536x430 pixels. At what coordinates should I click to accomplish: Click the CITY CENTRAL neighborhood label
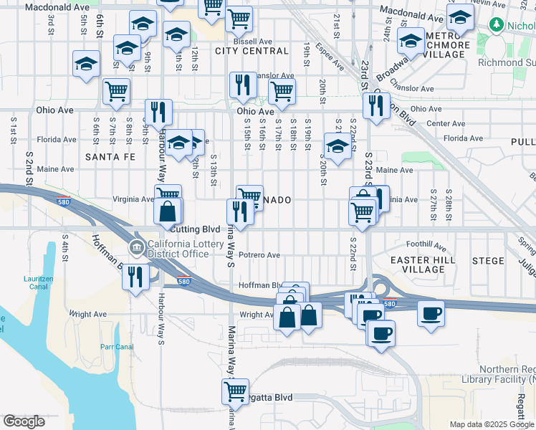coord(252,51)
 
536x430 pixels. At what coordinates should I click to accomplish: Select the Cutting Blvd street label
coord(196,229)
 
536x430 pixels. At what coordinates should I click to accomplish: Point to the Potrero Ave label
coord(259,254)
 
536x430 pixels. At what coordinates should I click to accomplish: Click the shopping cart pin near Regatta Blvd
coord(235,391)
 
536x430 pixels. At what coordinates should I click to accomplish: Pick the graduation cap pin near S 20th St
coord(337,147)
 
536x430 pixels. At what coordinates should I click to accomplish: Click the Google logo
coord(24,421)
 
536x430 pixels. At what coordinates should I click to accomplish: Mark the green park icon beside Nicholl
coord(495,25)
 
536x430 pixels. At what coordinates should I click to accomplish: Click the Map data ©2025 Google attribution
coord(491,424)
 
